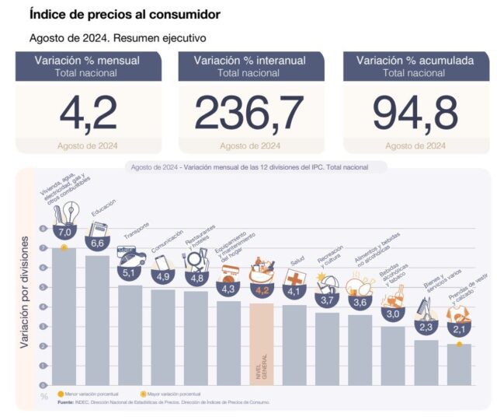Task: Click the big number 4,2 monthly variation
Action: [x=89, y=113]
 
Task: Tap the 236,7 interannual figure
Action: [x=249, y=113]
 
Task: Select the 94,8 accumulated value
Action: [x=415, y=113]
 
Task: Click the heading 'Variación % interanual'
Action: [x=249, y=60]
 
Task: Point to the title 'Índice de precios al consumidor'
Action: [x=124, y=14]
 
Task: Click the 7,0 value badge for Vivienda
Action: [x=64, y=232]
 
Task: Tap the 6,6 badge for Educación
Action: [x=97, y=243]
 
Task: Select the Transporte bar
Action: [x=130, y=335]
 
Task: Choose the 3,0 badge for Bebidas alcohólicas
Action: [x=393, y=314]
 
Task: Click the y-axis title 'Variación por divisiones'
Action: [x=25, y=288]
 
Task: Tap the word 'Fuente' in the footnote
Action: [x=68, y=402]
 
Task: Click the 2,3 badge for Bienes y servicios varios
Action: [x=426, y=328]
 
